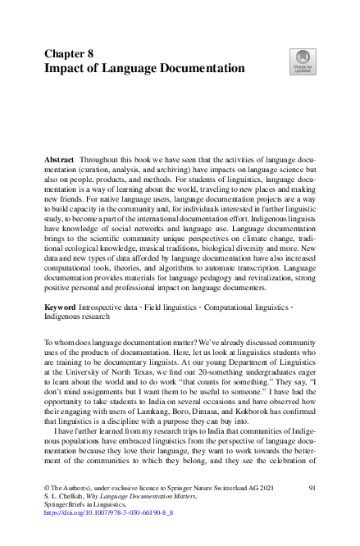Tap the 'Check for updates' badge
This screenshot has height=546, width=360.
[x=302, y=61]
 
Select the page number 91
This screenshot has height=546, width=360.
[x=312, y=488]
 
